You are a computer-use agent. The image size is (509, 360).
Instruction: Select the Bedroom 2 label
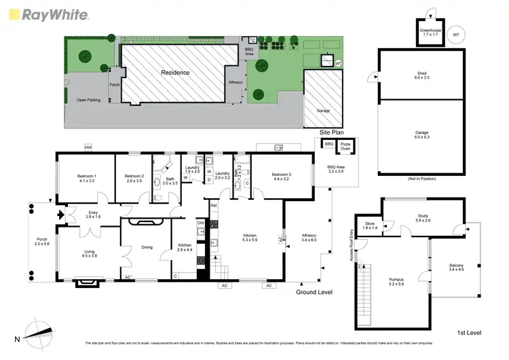(134, 179)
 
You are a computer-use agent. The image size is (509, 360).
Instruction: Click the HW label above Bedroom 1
(88, 147)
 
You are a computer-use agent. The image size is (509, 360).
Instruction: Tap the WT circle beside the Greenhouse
(457, 34)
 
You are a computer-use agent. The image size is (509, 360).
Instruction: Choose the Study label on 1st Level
(423, 219)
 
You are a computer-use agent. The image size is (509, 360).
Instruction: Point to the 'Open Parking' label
(89, 99)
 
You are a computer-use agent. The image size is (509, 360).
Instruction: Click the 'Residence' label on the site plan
(174, 72)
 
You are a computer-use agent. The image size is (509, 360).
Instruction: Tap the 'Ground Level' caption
(314, 292)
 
